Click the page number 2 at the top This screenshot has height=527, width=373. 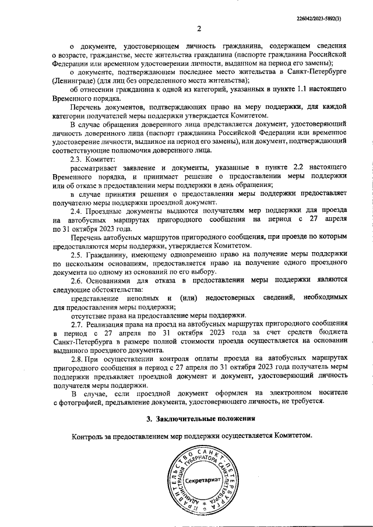pos(198,29)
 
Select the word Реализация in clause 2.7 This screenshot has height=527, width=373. pos(107,324)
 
